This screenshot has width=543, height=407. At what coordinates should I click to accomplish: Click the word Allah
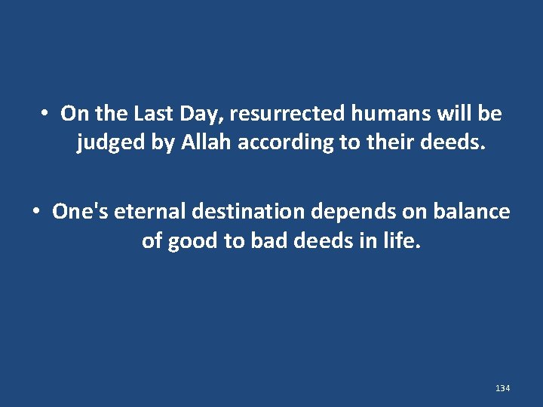pyautogui.click(x=206, y=142)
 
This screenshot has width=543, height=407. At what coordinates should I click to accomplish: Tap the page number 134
pyautogui.click(x=502, y=387)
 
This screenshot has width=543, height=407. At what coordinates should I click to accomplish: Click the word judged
pyautogui.click(x=112, y=142)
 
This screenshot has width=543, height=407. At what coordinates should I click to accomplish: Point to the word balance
pyautogui.click(x=472, y=212)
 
